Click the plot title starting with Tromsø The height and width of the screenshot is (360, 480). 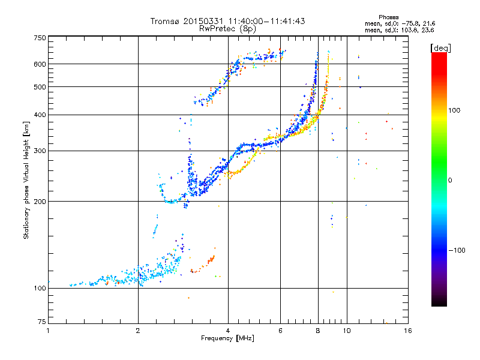coord(227,21)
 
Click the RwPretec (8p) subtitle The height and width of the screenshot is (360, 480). coord(227,29)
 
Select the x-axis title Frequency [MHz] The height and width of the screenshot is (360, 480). coord(227,338)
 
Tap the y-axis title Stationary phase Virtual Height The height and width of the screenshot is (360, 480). coord(26,181)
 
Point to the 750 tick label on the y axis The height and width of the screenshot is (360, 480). coord(40,38)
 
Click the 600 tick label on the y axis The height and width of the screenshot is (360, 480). coord(40,64)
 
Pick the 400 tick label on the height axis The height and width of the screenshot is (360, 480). coord(40,115)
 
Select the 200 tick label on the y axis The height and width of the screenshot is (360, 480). coord(40,202)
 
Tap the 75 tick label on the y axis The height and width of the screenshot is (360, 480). coord(42,322)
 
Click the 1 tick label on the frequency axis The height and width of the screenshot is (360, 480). coord(48,331)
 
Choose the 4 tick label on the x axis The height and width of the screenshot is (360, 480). coord(228,331)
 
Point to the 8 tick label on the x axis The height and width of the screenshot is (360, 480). coord(318,331)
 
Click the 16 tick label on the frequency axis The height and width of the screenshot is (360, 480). coord(408,331)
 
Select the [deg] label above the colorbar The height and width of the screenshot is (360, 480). coord(440,48)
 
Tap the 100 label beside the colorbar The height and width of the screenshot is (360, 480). coord(454,110)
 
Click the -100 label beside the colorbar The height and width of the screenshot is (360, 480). coord(457,250)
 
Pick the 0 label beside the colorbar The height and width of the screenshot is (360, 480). coord(450,181)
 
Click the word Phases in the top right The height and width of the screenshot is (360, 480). coord(388,17)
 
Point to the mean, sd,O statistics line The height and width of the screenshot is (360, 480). coord(400,23)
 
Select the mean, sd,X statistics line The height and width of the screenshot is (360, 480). coord(399,30)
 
